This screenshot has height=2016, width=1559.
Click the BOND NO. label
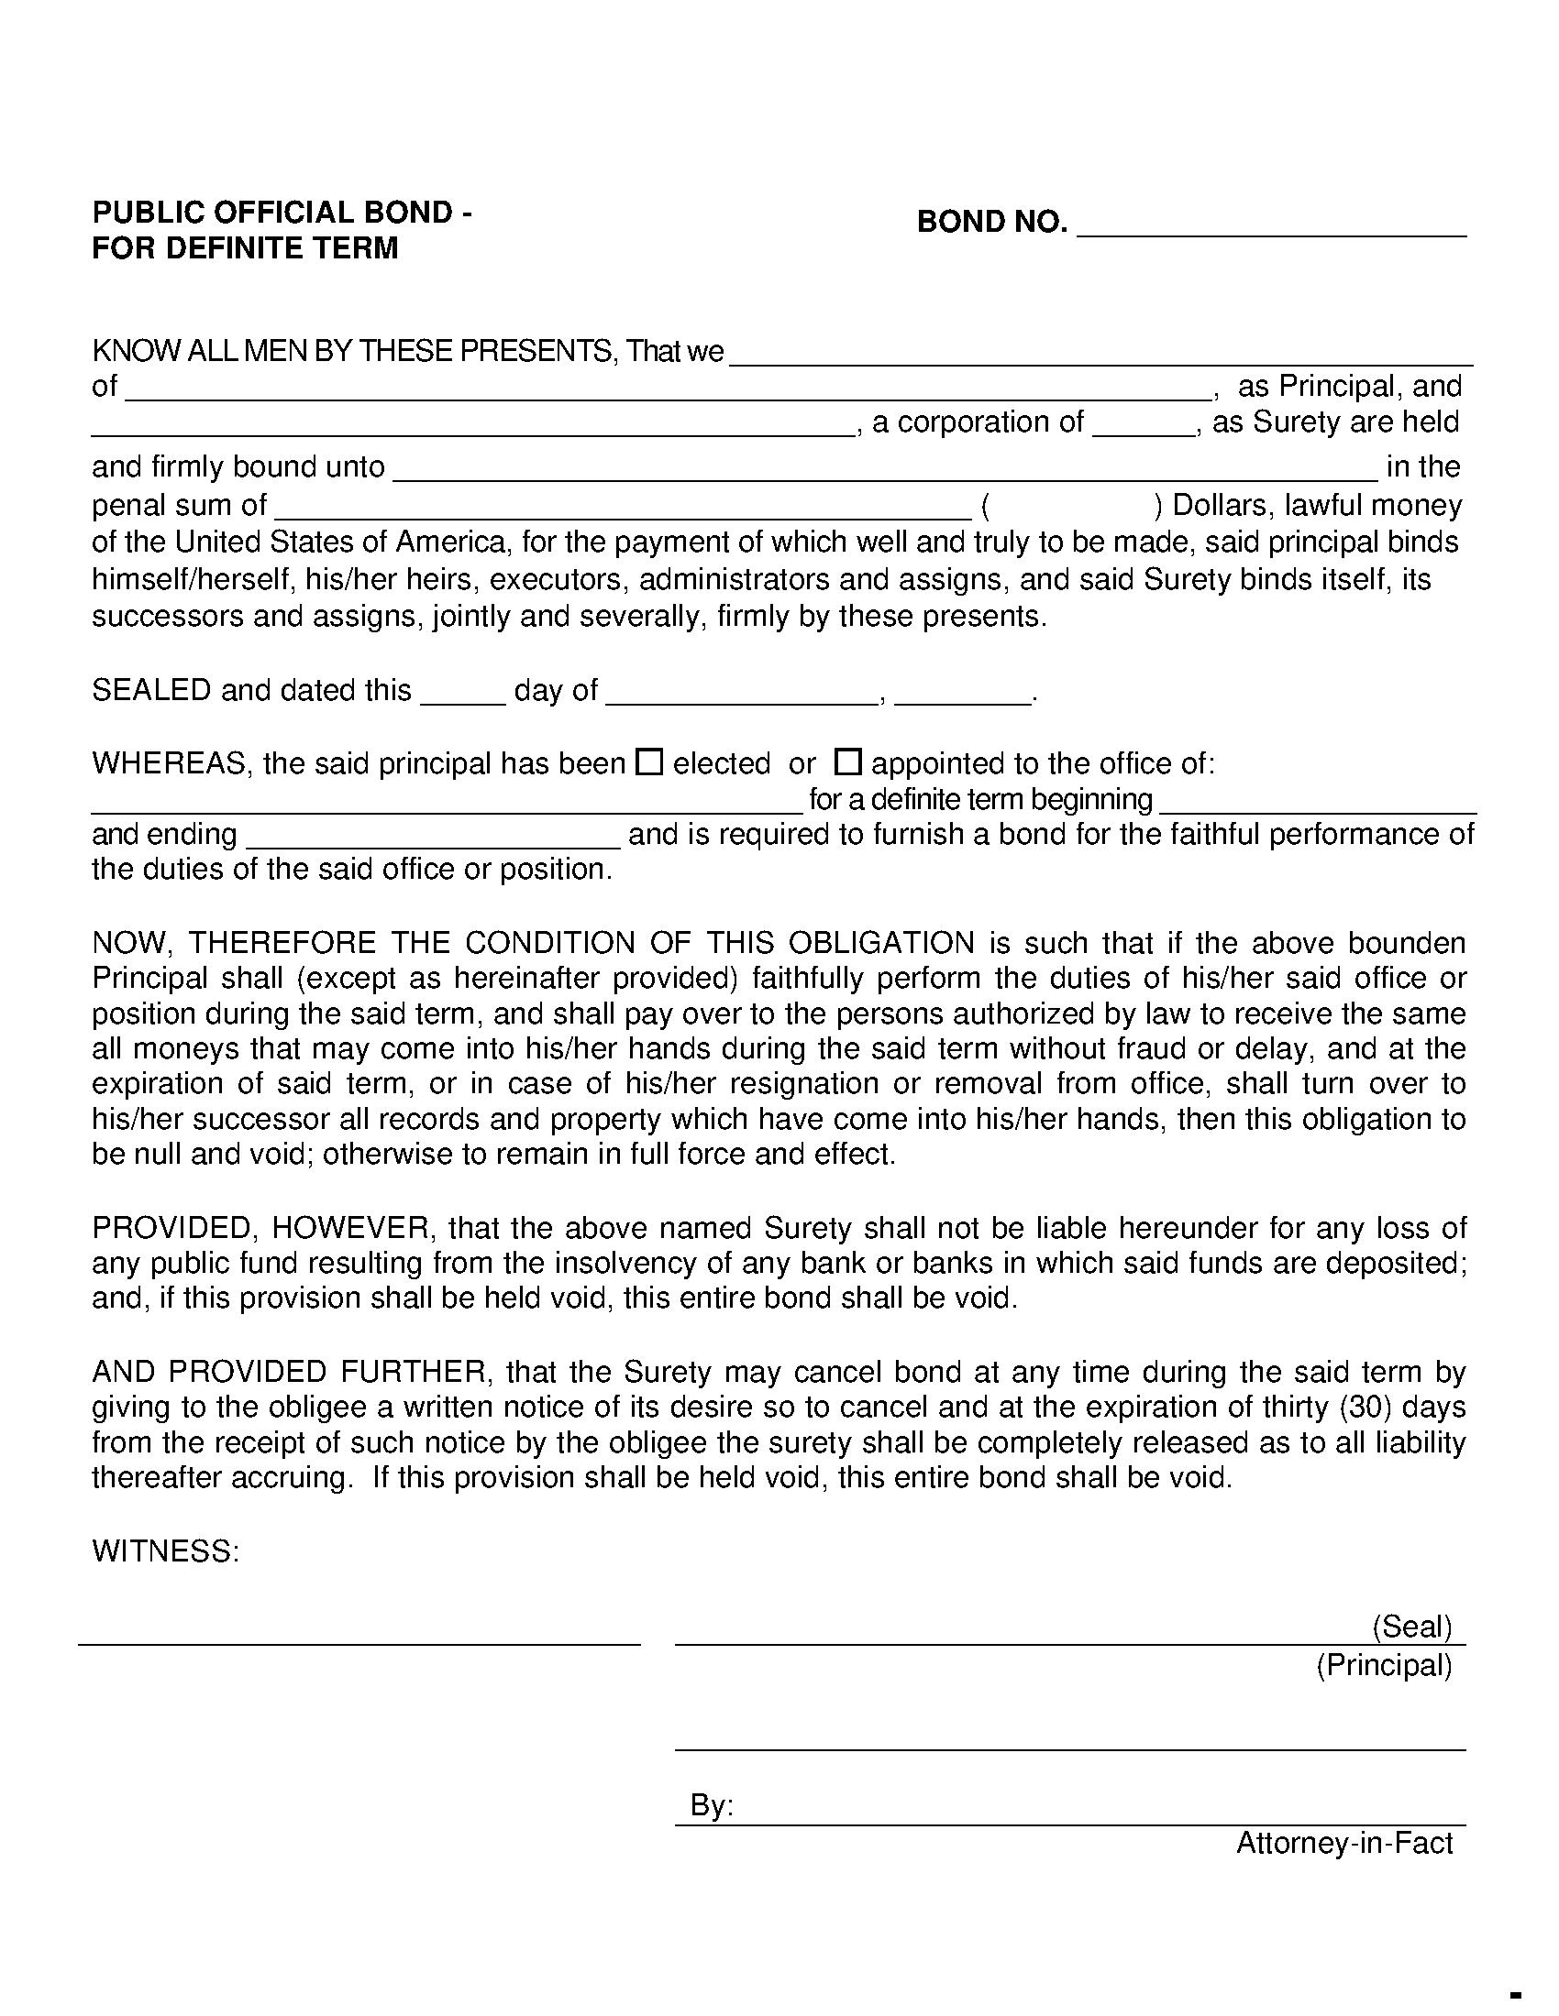point(991,223)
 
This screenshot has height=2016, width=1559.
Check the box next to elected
point(650,762)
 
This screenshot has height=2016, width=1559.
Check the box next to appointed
point(848,762)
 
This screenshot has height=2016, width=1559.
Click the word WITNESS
point(165,1550)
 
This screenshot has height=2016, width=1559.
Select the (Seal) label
point(1412,1626)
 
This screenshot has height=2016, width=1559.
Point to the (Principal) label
point(1384,1665)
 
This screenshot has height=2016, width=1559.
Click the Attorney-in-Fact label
point(1343,1844)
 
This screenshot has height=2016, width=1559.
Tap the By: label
point(711,1806)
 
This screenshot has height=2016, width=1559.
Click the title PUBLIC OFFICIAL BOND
point(282,214)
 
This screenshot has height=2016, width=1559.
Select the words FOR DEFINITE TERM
point(245,248)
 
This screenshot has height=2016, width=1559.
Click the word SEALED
point(151,690)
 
